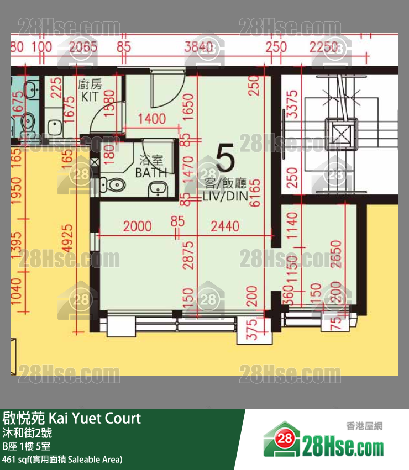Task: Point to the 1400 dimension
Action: [151, 118]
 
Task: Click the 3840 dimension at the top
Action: [198, 47]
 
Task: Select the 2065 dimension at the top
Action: [83, 47]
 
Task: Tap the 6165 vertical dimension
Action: [255, 193]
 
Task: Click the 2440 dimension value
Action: [225, 226]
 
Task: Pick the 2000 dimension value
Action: [137, 226]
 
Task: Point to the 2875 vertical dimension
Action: [189, 255]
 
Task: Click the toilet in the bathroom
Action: [115, 184]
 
